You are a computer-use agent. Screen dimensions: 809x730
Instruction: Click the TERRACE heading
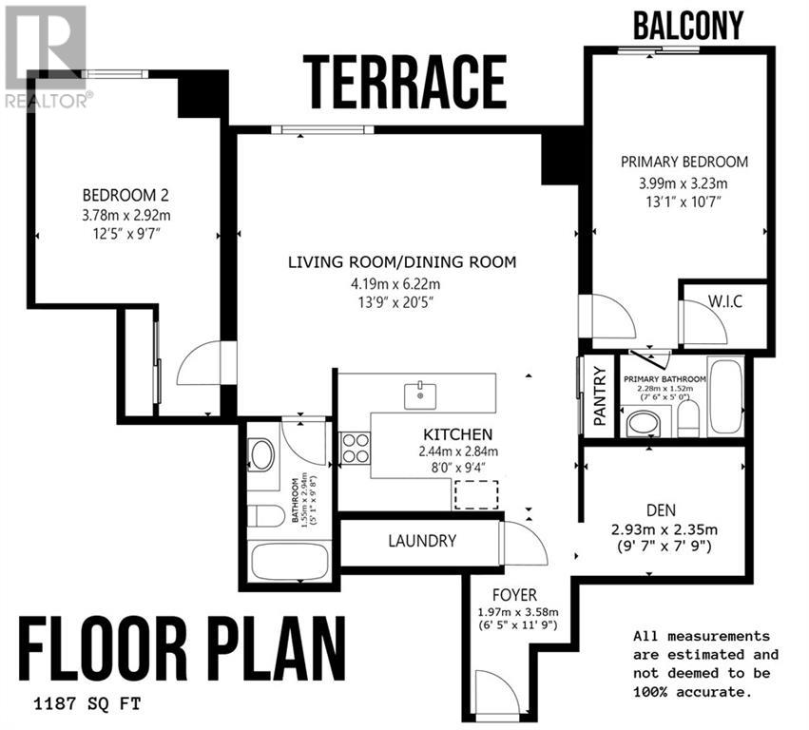(405, 83)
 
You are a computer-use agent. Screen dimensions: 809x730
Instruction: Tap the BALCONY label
(688, 25)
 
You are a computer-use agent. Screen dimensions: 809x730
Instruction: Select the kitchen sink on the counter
(420, 396)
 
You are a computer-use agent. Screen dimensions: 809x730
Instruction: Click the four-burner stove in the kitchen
(356, 449)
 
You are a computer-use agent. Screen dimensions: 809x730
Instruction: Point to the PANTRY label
(600, 395)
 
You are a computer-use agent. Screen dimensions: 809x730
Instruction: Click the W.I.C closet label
(725, 300)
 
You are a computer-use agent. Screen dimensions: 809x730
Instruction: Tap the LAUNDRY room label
(422, 541)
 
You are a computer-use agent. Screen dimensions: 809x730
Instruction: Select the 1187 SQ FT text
(87, 703)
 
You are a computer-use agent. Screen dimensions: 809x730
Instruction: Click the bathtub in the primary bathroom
(725, 396)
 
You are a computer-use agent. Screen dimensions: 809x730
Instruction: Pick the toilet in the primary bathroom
(687, 419)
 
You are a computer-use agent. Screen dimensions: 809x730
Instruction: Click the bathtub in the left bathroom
(289, 562)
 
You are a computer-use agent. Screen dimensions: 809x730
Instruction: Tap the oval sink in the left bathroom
(261, 454)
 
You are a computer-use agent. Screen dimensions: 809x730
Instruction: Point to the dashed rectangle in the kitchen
(476, 495)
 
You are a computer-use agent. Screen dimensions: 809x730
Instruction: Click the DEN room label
(661, 510)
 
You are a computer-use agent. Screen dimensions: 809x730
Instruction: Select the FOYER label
(514, 595)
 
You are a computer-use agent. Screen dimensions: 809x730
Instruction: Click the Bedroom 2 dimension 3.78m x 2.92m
(125, 215)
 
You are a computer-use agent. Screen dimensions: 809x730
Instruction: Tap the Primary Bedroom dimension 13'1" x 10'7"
(684, 202)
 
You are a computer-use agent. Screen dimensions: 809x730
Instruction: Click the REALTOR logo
(46, 56)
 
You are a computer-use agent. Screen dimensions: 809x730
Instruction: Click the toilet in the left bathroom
(266, 515)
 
